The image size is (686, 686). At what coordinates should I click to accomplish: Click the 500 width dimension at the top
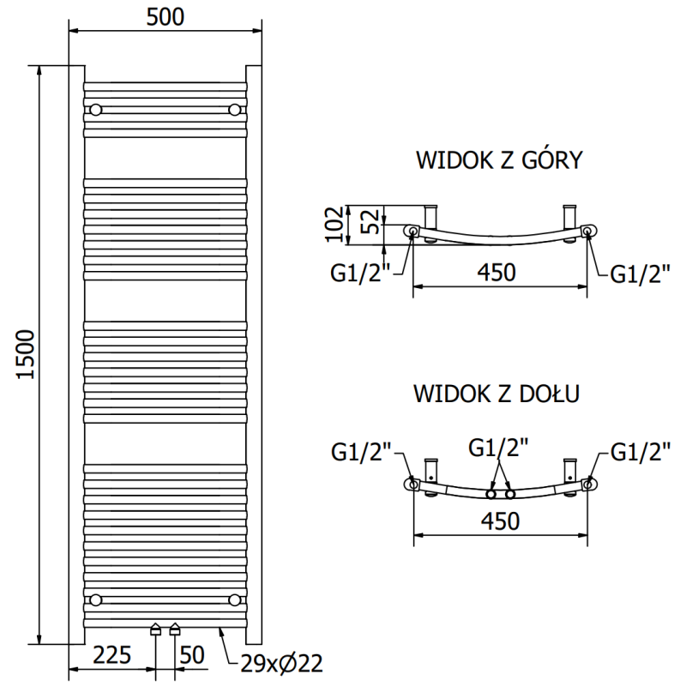[165, 17]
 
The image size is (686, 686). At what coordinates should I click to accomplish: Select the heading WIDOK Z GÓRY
[499, 160]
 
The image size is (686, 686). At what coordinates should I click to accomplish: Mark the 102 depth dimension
[337, 225]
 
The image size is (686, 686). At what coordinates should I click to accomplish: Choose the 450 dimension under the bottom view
[496, 520]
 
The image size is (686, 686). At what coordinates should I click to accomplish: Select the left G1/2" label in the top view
[361, 274]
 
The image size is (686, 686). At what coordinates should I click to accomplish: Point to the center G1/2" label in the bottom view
[498, 447]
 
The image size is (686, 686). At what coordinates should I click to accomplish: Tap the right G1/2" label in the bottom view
[639, 451]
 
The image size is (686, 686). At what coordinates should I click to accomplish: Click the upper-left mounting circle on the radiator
[95, 109]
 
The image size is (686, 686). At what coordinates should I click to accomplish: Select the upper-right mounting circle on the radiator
[235, 109]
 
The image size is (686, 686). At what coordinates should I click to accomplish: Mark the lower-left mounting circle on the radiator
[95, 598]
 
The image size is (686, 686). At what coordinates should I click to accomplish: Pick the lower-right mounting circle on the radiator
[235, 598]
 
